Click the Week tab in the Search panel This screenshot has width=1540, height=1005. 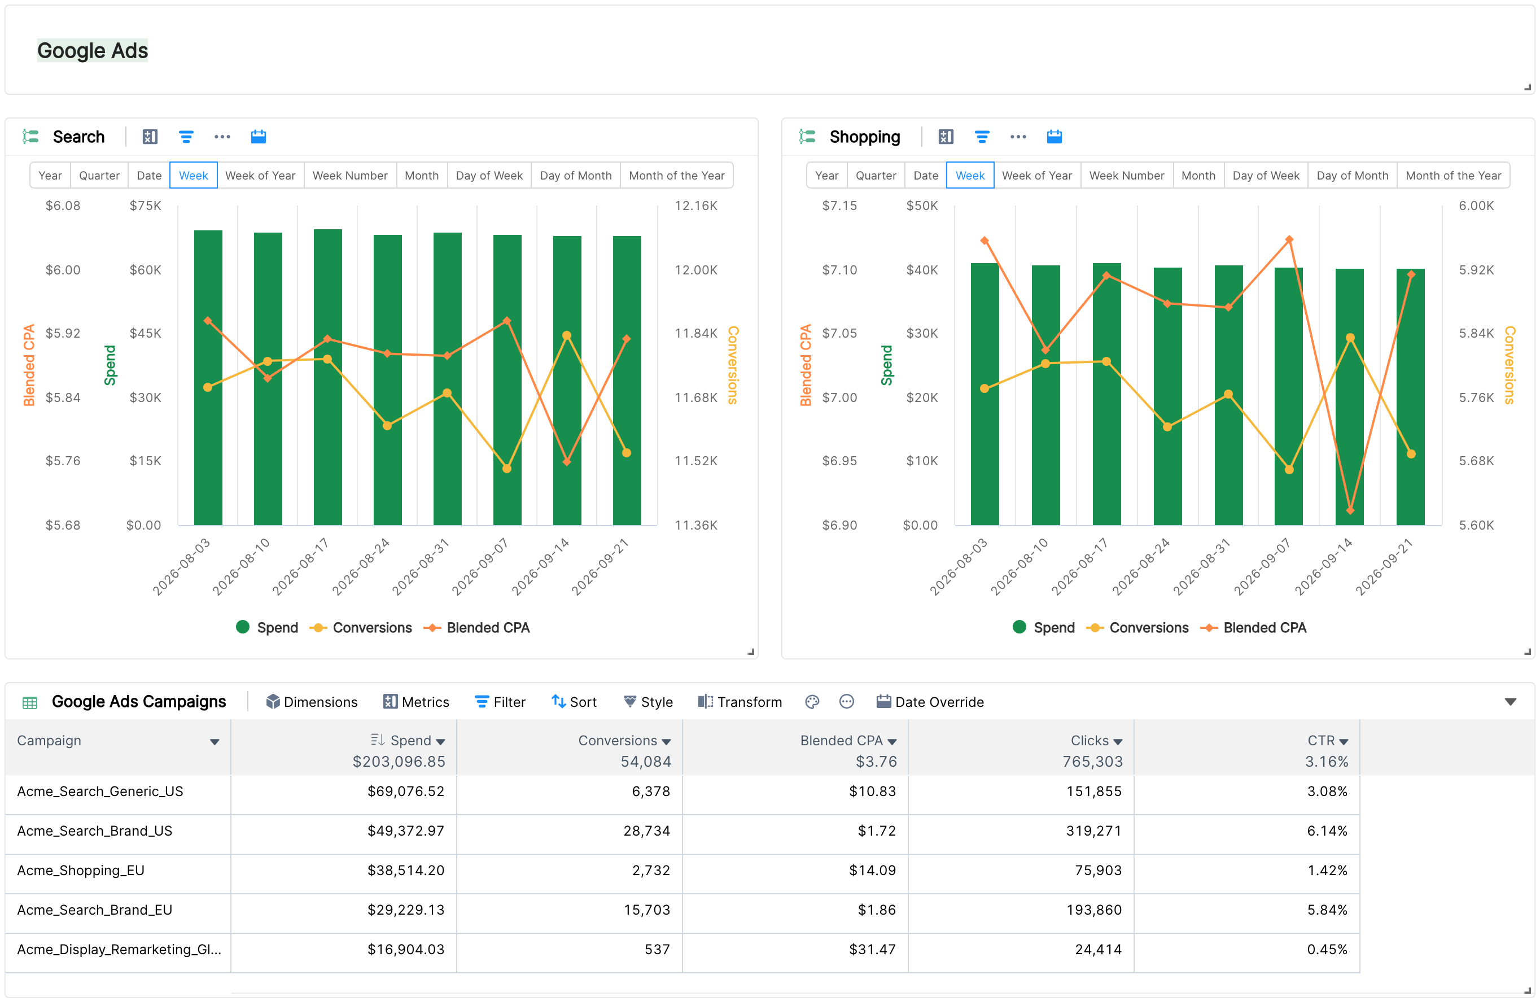(x=193, y=176)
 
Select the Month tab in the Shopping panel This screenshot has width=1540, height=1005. (x=1198, y=176)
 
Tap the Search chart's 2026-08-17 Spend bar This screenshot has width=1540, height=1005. (x=327, y=377)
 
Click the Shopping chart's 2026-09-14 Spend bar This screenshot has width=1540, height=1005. (x=1349, y=397)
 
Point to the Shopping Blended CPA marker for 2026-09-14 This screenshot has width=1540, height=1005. (x=1350, y=510)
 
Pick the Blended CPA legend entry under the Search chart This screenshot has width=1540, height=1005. (x=476, y=628)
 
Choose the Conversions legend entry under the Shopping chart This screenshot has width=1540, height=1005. (x=1139, y=628)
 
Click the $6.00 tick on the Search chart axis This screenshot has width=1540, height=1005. (x=63, y=270)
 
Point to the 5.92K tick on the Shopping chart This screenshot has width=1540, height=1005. (x=1476, y=270)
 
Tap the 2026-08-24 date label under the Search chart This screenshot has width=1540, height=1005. (x=361, y=566)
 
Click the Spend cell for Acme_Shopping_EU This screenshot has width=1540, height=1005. (x=406, y=871)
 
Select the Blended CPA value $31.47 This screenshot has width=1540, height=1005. (x=872, y=949)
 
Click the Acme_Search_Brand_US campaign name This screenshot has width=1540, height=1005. (x=94, y=831)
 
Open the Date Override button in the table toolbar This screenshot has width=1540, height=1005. (x=930, y=702)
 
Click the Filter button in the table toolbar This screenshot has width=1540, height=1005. (x=500, y=702)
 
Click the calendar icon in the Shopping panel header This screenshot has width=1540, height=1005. (x=1054, y=137)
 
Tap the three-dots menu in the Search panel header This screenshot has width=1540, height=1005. (x=222, y=137)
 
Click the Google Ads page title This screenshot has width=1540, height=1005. (x=93, y=50)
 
